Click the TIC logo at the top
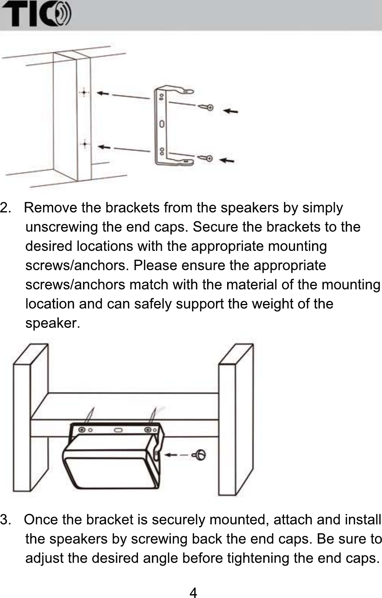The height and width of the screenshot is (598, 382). coord(37,14)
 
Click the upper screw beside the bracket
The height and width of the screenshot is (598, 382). coord(206,107)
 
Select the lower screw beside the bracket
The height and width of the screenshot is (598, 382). coord(206,158)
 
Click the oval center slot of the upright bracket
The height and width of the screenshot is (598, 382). coord(162,124)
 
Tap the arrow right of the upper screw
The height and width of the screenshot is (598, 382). coord(231,111)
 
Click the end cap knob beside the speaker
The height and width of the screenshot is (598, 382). coord(200,455)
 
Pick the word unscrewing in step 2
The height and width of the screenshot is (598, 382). coord(62,227)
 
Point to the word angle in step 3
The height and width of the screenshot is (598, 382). coord(160,558)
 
